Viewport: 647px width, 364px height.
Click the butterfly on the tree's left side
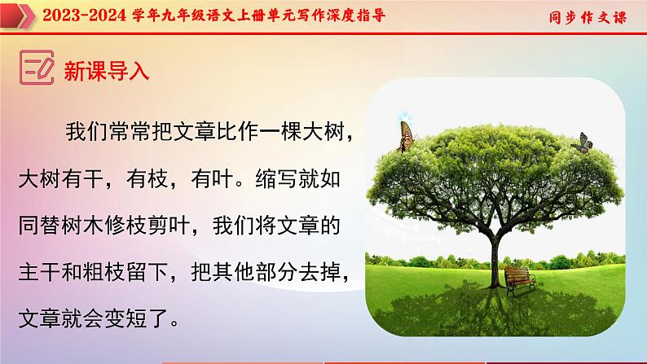pyautogui.click(x=405, y=136)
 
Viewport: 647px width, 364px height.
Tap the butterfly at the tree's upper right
pyautogui.click(x=580, y=143)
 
